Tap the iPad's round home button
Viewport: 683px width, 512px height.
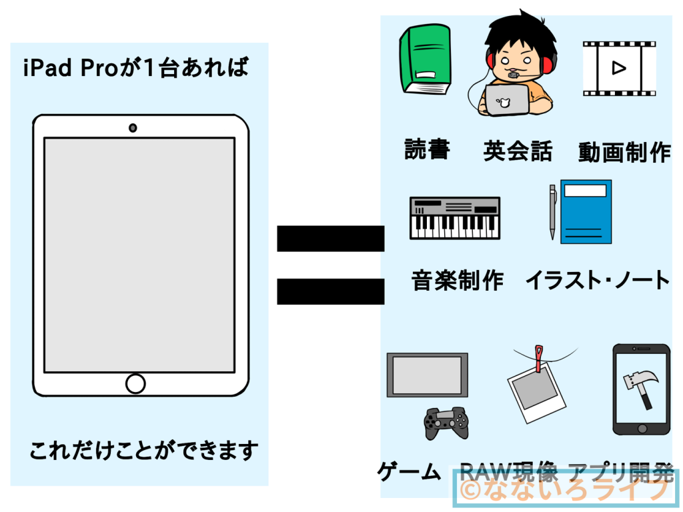pyautogui.click(x=135, y=383)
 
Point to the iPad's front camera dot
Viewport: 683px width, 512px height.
pyautogui.click(x=133, y=127)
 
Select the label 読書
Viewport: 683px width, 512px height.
pyautogui.click(x=427, y=151)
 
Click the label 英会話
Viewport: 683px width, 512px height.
pyautogui.click(x=518, y=152)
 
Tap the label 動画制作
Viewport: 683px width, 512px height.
pyautogui.click(x=624, y=153)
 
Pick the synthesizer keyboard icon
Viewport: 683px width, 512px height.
pyautogui.click(x=455, y=218)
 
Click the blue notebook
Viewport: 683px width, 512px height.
pyautogui.click(x=586, y=211)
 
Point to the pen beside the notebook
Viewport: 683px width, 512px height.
pyautogui.click(x=552, y=211)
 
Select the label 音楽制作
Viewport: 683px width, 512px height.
pyautogui.click(x=458, y=280)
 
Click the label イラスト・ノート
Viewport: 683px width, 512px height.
pyautogui.click(x=598, y=280)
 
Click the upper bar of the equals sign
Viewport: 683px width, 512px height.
pyautogui.click(x=330, y=239)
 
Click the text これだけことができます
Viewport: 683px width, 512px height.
pyautogui.click(x=143, y=451)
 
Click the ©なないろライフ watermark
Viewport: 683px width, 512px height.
pyautogui.click(x=564, y=491)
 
